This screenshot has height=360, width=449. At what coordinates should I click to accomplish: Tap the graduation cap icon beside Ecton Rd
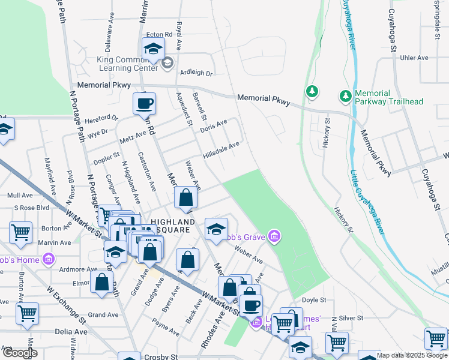click(x=153, y=49)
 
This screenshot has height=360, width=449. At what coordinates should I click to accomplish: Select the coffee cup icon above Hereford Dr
click(x=144, y=103)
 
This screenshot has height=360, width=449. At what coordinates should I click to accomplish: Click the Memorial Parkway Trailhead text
click(x=389, y=98)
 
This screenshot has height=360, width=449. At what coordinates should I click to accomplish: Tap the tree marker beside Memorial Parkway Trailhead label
click(x=346, y=96)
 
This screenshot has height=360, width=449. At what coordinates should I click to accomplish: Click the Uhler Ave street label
click(x=414, y=58)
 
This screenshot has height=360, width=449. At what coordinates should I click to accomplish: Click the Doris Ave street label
click(x=214, y=126)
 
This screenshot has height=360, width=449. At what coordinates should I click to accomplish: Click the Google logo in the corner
click(x=20, y=353)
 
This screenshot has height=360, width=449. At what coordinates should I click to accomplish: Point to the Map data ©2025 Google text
click(x=412, y=355)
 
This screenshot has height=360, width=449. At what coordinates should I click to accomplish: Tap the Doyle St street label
click(x=314, y=299)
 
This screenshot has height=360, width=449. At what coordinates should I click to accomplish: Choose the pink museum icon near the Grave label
click(x=274, y=236)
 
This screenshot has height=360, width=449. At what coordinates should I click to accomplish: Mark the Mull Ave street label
click(x=19, y=195)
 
